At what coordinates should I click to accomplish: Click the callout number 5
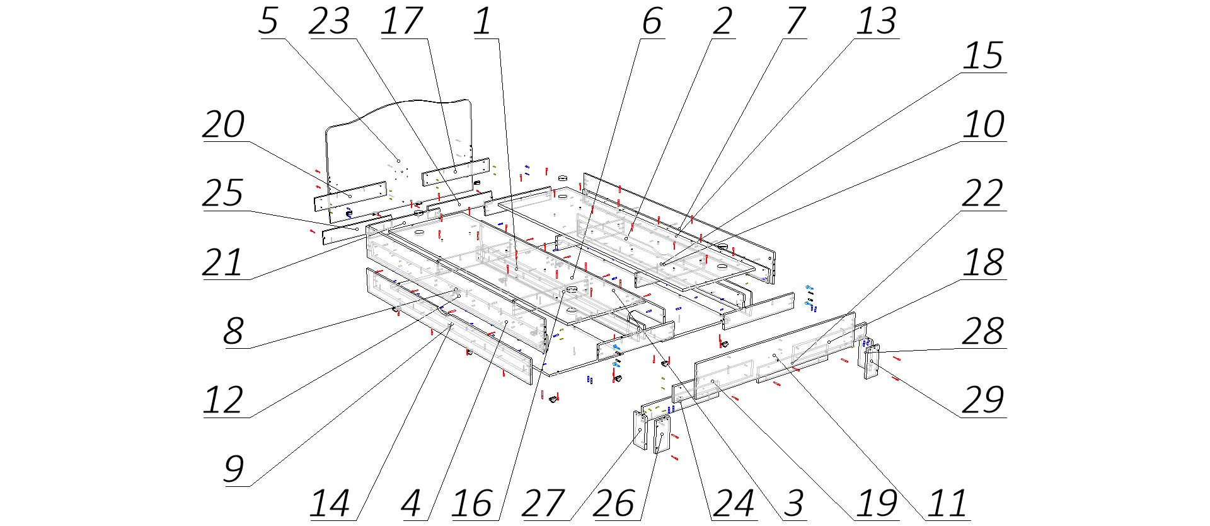tap(268, 21)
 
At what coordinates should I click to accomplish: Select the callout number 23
tap(329, 21)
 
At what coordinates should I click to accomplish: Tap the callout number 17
tap(401, 21)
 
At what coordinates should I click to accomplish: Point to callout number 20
tap(223, 125)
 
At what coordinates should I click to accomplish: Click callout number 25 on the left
tap(223, 194)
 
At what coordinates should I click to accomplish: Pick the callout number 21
tap(223, 263)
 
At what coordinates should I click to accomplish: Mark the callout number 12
tap(223, 400)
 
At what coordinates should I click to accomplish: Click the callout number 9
tap(233, 469)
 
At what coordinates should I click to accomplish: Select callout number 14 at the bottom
tap(329, 504)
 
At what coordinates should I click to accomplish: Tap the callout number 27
tap(543, 504)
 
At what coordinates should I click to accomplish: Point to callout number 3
tap(793, 504)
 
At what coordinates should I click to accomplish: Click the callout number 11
tap(947, 504)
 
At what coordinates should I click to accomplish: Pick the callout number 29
tap(982, 400)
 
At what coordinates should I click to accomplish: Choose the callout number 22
tap(982, 194)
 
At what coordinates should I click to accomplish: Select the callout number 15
tap(982, 56)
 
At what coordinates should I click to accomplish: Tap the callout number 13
tap(876, 21)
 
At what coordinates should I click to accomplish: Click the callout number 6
tap(652, 21)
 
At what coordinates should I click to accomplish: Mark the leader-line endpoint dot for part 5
tap(398, 161)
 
